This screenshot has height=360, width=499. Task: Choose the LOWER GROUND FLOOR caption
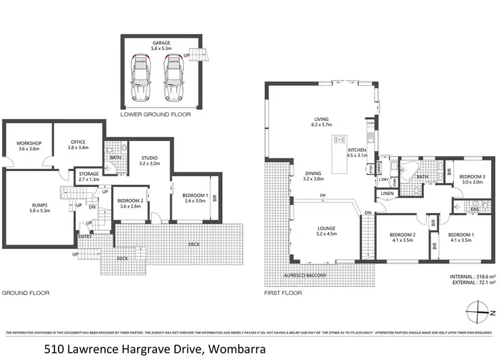155,114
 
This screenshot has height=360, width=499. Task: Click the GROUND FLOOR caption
25,292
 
